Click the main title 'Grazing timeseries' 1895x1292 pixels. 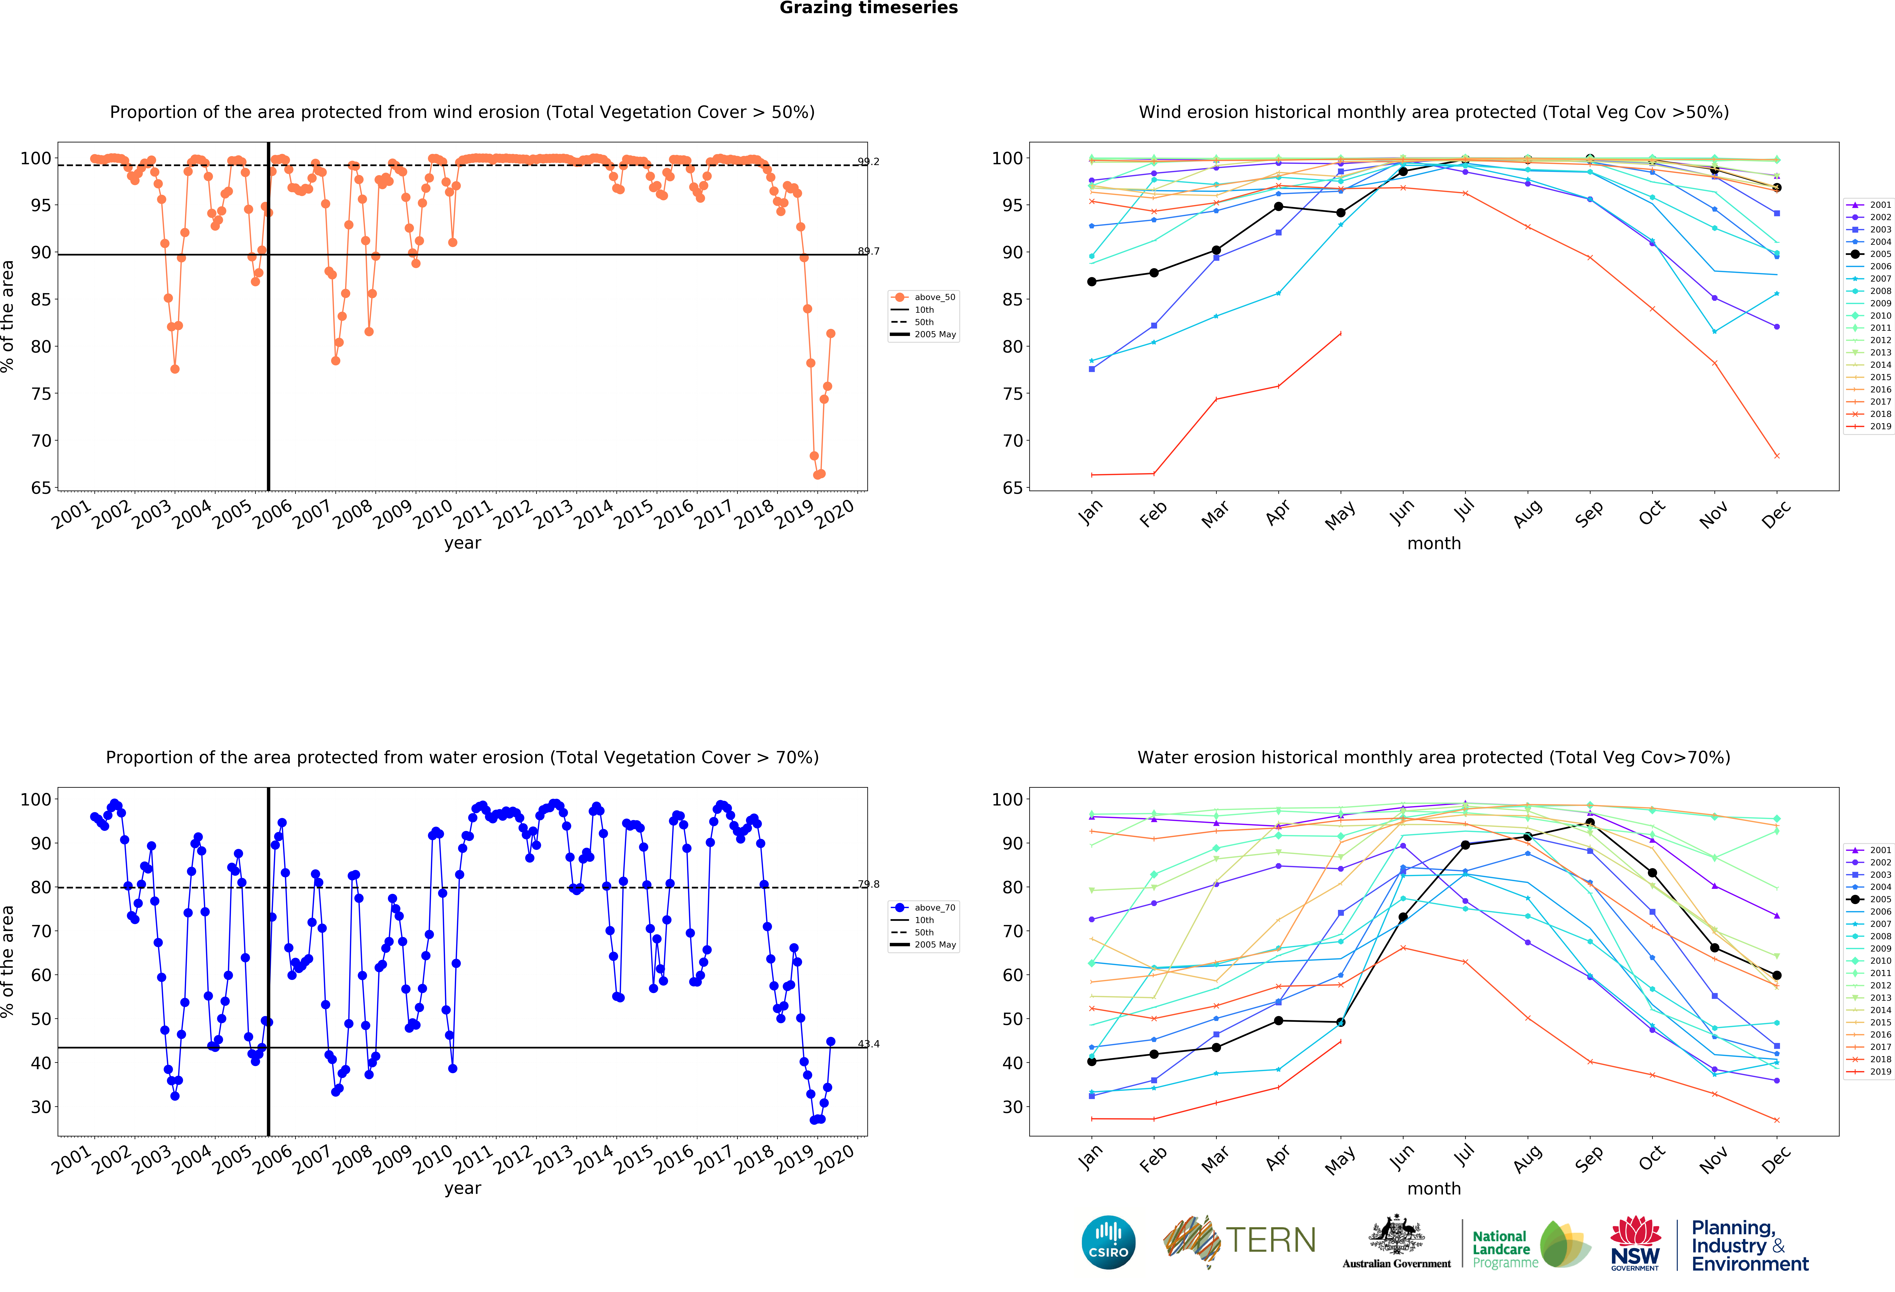click(x=868, y=8)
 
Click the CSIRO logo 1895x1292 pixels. click(x=1108, y=1242)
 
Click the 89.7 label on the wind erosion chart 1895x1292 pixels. click(x=868, y=251)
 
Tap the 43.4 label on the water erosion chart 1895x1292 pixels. click(x=868, y=1044)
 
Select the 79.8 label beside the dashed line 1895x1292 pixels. click(x=868, y=884)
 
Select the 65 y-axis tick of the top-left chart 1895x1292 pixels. click(x=41, y=488)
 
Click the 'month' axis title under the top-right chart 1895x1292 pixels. click(x=1433, y=543)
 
